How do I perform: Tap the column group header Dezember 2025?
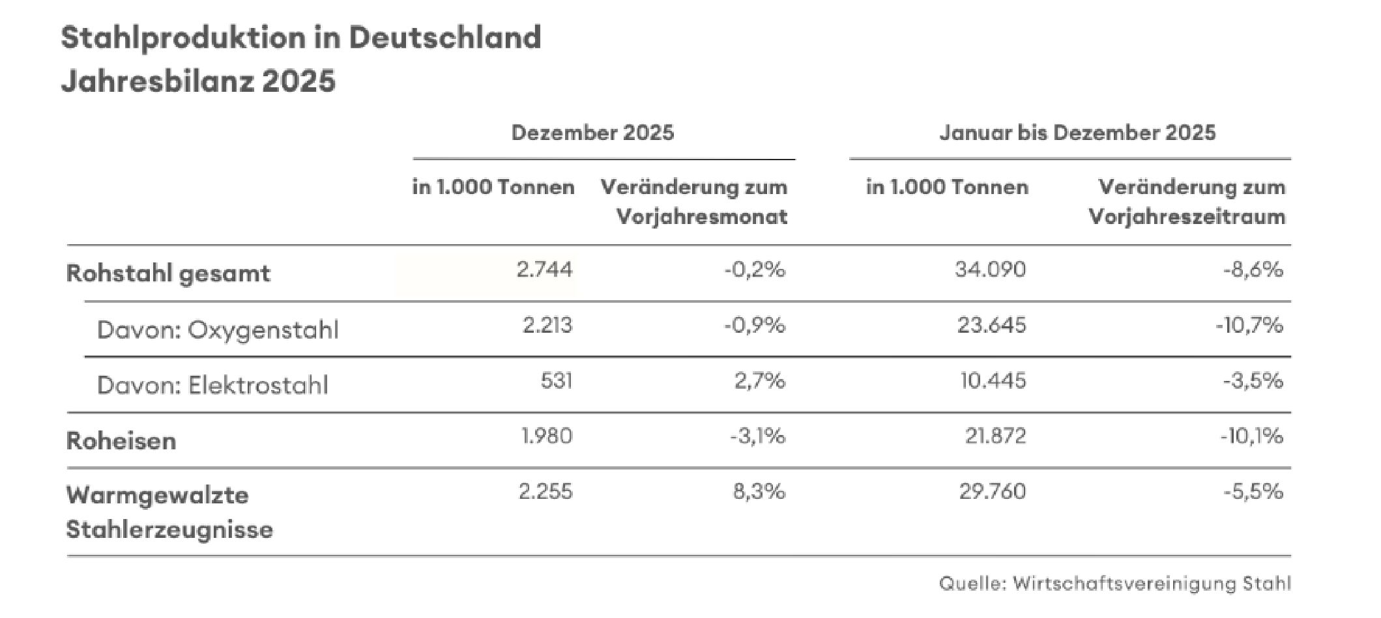(592, 133)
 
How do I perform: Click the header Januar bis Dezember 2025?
(1077, 133)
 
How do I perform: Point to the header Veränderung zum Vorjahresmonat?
(695, 202)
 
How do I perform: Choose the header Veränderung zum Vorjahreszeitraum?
(1187, 202)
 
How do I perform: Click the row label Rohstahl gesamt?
(168, 274)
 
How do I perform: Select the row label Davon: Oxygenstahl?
(218, 330)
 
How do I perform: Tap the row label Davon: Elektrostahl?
(212, 386)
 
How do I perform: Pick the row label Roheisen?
(121, 441)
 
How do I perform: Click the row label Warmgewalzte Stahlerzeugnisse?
(169, 512)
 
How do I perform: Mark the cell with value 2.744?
(544, 270)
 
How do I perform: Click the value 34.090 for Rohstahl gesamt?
(990, 270)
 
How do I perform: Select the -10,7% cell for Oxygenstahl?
(1249, 325)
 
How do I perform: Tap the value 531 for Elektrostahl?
(556, 380)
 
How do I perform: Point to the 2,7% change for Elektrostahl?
(759, 380)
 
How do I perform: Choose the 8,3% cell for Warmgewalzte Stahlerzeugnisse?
(759, 491)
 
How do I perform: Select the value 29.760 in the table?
(992, 491)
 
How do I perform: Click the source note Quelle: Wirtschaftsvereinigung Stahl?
(1114, 583)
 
